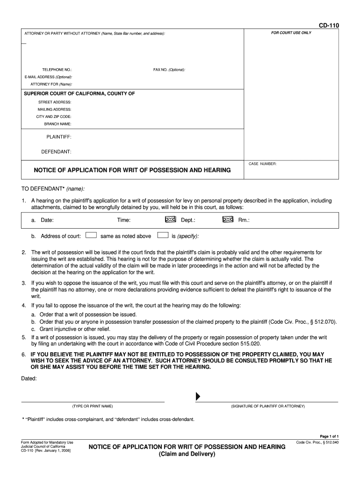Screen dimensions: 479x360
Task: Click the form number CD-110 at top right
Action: [x=329, y=25]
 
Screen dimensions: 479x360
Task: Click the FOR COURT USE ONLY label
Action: [x=291, y=33]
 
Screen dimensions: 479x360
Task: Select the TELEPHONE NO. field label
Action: [x=57, y=70]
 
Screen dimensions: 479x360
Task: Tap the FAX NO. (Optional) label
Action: [x=169, y=70]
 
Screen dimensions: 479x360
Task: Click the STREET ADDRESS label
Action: [x=55, y=102]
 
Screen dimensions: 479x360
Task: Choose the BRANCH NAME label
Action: [x=58, y=124]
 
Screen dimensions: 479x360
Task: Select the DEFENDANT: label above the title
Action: [x=56, y=152]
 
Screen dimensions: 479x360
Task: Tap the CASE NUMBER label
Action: [x=263, y=164]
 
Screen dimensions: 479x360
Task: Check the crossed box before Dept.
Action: [x=170, y=219]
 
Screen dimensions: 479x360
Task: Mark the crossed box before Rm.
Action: [x=228, y=219]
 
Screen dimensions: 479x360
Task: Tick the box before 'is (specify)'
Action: [x=163, y=235]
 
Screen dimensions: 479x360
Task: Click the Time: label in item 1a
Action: [x=123, y=220]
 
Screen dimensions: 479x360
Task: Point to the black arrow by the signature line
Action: [x=198, y=397]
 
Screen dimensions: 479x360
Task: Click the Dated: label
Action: [x=29, y=378]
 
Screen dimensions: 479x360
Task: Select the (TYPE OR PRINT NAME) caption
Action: [x=92, y=406]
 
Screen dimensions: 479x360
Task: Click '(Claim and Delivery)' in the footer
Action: [x=187, y=455]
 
